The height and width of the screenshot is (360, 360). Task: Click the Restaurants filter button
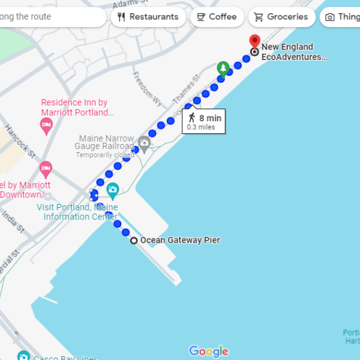148,17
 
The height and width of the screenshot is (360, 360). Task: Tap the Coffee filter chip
217,17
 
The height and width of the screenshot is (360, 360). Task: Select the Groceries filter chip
281,17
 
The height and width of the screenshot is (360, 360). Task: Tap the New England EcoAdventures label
295,52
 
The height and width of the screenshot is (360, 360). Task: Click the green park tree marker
223,68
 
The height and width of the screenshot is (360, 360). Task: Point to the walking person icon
192,118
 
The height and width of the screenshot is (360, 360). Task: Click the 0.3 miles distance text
200,127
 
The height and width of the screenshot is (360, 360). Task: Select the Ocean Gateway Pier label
180,240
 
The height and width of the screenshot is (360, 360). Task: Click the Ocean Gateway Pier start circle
134,241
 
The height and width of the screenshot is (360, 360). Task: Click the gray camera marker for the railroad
144,143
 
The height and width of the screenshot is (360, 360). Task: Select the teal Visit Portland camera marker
112,191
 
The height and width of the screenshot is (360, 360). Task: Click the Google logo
208,351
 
